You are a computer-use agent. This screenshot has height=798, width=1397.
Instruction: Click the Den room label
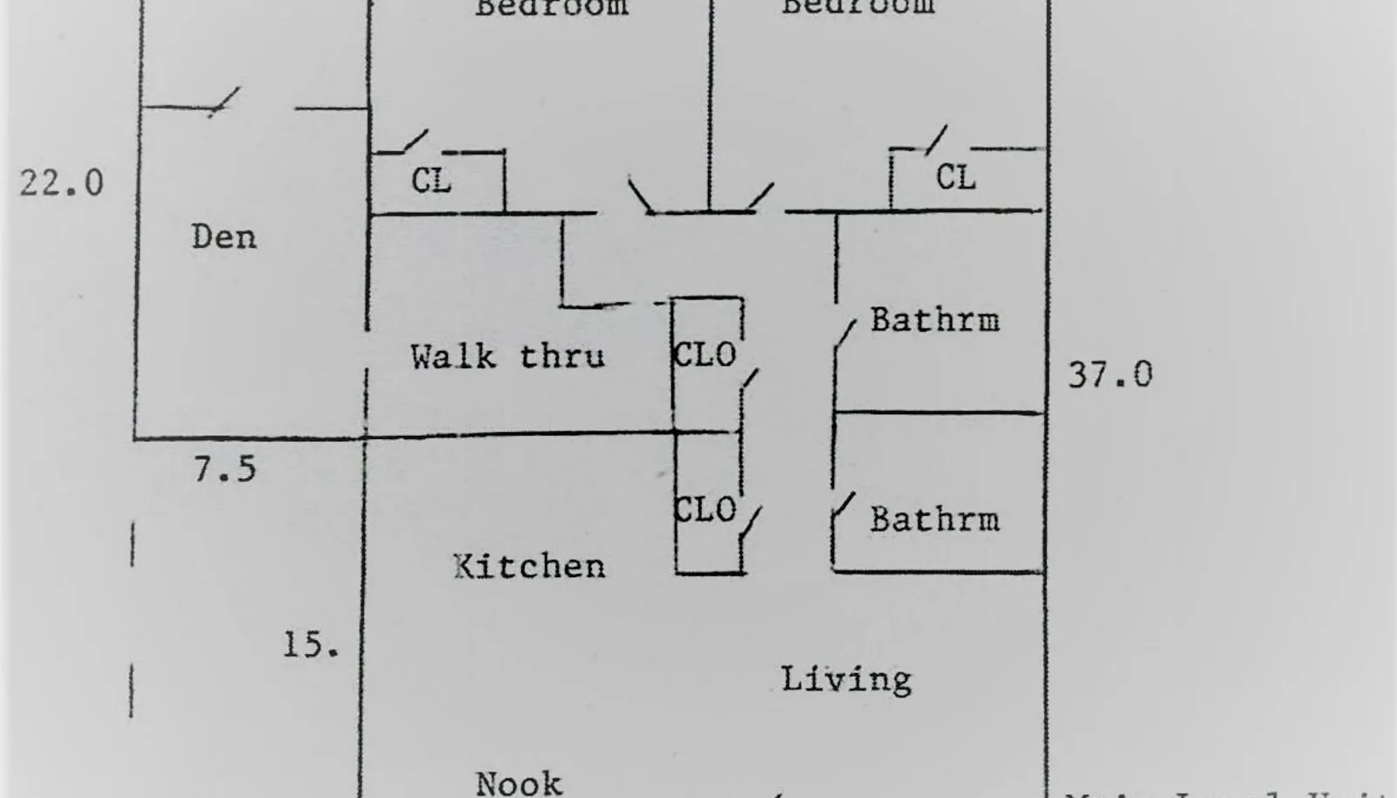pos(224,237)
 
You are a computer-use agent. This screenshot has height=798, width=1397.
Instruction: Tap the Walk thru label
pos(507,356)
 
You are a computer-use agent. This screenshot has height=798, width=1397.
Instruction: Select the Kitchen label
pos(529,567)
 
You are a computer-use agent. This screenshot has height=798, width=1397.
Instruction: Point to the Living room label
pos(845,679)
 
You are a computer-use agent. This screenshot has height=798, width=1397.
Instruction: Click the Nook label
pos(519,782)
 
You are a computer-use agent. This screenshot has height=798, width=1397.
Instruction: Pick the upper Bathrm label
pos(934,320)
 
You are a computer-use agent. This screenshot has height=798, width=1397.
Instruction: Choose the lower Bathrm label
pos(934,519)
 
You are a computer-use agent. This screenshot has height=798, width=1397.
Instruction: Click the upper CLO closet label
pos(705,355)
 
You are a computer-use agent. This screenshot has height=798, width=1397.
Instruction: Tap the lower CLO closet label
pos(705,510)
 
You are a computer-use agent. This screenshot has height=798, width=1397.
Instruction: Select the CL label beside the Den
pos(431,182)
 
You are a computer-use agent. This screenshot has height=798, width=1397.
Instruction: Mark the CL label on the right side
pos(955,178)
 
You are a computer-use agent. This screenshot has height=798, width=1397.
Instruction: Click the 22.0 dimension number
pos(61,183)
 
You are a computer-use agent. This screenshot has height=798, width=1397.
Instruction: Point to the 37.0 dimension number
pos(1110,375)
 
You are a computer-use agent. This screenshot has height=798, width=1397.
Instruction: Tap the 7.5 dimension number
pos(224,470)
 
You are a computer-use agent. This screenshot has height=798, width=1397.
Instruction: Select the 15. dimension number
pos(310,645)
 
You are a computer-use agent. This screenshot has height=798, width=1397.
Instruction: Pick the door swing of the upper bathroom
pos(844,335)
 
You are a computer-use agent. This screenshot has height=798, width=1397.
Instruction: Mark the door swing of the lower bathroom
pos(843,507)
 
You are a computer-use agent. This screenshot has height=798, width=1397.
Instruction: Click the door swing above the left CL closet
pos(414,141)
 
